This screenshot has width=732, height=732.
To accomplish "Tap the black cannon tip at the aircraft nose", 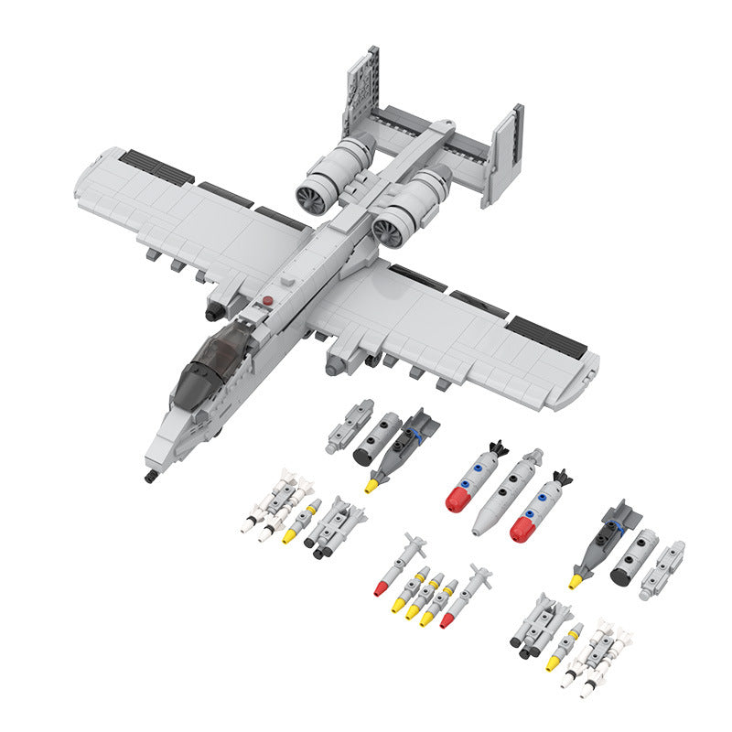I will (x=148, y=477).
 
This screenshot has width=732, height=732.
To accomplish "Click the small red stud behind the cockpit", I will (x=267, y=299).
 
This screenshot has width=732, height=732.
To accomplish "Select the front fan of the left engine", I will (x=312, y=195).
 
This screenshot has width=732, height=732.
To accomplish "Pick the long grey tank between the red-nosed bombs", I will (x=508, y=492).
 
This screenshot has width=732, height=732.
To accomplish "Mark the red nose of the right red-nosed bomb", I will (x=523, y=528).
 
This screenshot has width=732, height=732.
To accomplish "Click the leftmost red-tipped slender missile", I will (x=382, y=588).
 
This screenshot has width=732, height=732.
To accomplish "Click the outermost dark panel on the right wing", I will (x=547, y=335).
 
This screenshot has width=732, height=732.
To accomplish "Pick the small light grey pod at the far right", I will (x=662, y=568).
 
